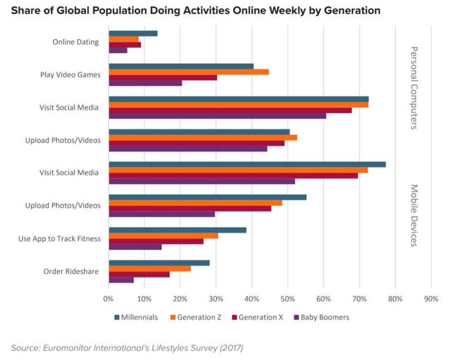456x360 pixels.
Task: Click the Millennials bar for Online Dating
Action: tap(133, 33)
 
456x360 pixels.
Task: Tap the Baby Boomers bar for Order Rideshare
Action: tap(121, 280)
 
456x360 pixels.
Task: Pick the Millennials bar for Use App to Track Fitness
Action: tap(177, 230)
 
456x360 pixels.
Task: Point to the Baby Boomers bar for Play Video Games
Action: tap(145, 83)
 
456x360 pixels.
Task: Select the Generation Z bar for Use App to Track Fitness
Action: tap(163, 236)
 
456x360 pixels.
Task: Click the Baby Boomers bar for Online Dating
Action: tap(118, 51)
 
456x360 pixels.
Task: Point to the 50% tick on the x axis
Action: tap(288, 299)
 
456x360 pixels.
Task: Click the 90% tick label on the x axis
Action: tap(431, 299)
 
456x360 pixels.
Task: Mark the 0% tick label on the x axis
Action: tap(109, 299)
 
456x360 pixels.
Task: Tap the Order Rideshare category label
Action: tap(71, 272)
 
